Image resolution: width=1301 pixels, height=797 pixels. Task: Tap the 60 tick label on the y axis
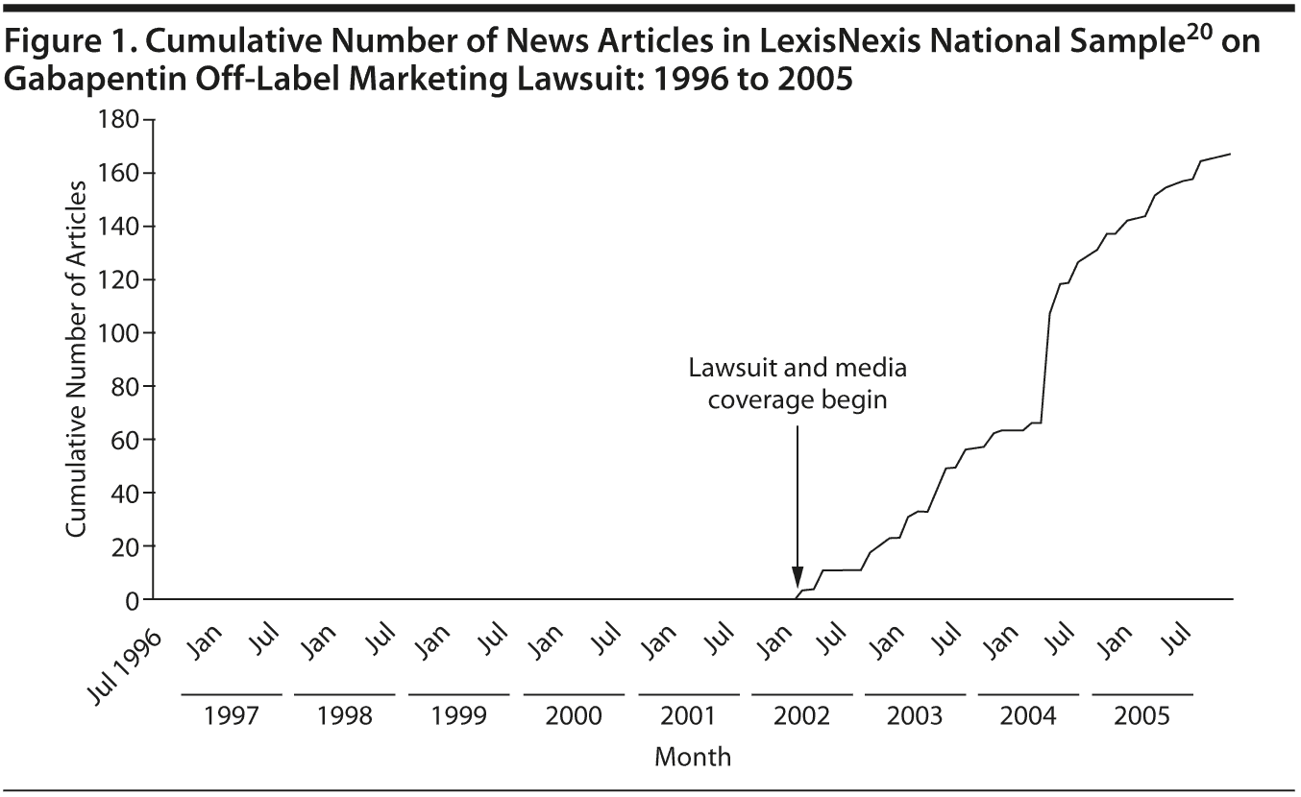(123, 440)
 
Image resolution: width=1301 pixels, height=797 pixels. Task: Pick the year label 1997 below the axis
(231, 717)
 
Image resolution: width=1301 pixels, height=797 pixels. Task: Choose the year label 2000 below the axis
(574, 717)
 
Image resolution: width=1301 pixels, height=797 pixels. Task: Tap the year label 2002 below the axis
(801, 717)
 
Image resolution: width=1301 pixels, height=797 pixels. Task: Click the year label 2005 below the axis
(1142, 717)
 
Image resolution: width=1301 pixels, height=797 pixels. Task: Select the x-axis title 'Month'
(693, 757)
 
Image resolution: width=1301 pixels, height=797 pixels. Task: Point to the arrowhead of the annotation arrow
(797, 586)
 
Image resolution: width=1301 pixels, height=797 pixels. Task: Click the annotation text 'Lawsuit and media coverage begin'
(797, 383)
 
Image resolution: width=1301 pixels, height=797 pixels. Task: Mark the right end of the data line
(1231, 154)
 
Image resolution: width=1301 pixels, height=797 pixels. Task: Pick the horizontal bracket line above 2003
(915, 693)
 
